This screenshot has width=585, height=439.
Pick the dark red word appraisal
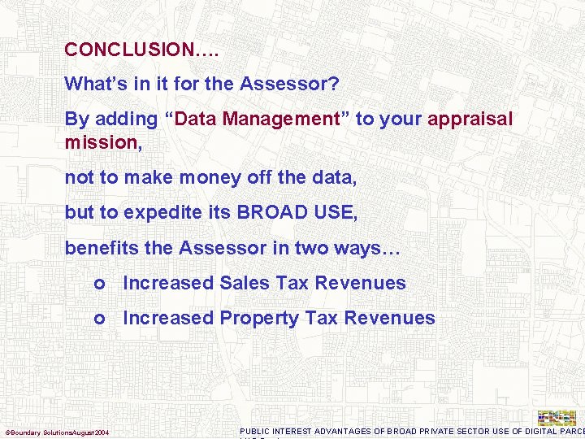[470, 119]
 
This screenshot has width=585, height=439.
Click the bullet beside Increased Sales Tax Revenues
[98, 284]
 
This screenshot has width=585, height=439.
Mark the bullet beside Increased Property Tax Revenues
[98, 319]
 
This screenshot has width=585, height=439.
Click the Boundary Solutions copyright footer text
[57, 432]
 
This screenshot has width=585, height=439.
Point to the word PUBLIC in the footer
[255, 431]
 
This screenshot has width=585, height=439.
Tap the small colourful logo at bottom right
[557, 418]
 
